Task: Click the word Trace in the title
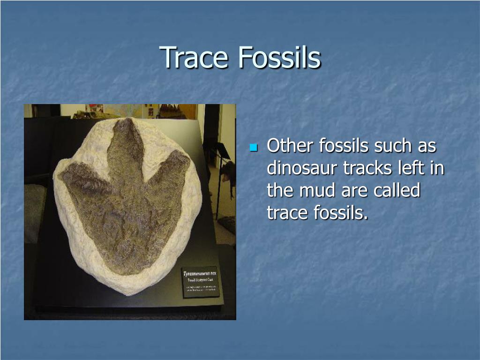pyautogui.click(x=195, y=57)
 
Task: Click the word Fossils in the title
pyautogui.click(x=279, y=57)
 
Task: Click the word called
pyautogui.click(x=397, y=191)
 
